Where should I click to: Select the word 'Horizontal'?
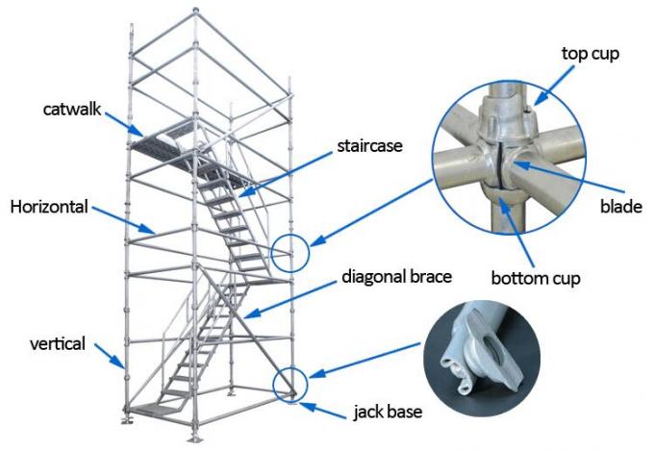(48, 206)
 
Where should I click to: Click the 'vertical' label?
(59, 341)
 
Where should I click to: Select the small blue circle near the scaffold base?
(289, 384)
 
